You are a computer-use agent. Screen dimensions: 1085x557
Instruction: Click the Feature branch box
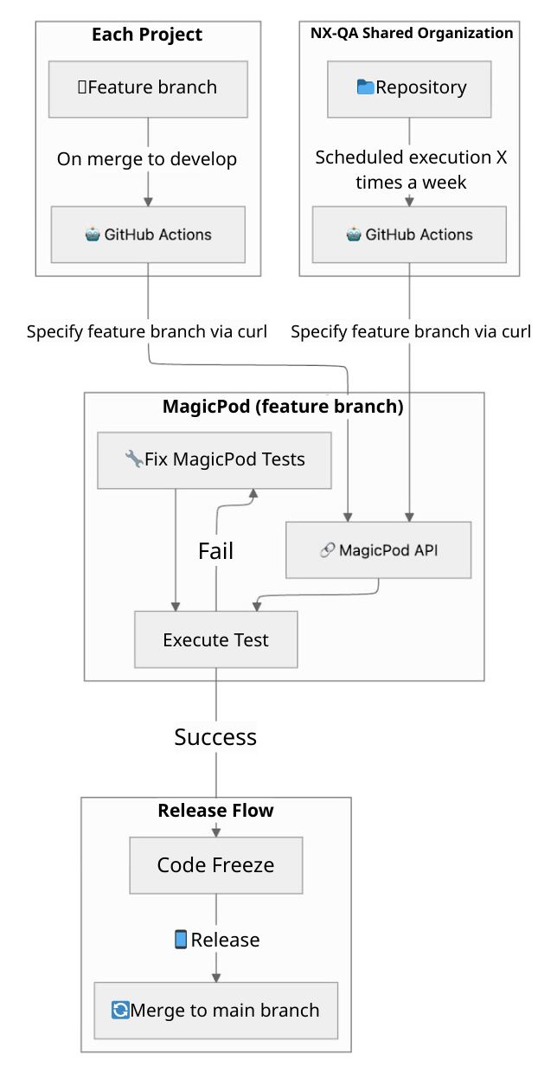[148, 88]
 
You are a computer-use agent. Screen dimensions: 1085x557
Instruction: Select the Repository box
[410, 88]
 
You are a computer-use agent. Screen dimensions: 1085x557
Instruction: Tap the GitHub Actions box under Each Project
[148, 234]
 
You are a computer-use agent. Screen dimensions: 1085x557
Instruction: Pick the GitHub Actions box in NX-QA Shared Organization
[409, 234]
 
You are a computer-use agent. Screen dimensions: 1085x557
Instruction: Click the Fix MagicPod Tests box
[214, 459]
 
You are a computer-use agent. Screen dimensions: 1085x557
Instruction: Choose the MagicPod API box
[379, 549]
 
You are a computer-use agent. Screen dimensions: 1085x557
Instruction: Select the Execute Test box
[215, 640]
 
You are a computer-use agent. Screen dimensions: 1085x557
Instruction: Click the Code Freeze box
[215, 865]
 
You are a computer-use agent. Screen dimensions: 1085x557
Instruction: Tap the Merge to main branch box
[215, 1011]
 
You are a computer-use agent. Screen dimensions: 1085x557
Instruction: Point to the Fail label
[215, 551]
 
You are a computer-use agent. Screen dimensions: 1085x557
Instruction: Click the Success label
[215, 737]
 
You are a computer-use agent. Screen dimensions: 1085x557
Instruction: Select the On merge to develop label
[147, 159]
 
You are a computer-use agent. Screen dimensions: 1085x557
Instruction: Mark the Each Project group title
[147, 35]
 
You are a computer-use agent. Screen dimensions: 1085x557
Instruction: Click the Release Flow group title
[215, 811]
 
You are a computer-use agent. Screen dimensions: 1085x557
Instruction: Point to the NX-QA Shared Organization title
[412, 34]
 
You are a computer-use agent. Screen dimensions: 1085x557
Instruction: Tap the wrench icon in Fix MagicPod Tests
[134, 459]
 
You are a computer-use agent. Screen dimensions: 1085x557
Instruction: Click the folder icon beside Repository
[365, 87]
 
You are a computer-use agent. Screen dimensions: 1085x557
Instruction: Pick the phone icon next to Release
[181, 940]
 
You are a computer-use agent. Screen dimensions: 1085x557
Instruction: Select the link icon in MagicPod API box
[327, 550]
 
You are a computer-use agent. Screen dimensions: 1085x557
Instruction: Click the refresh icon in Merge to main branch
[120, 1011]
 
